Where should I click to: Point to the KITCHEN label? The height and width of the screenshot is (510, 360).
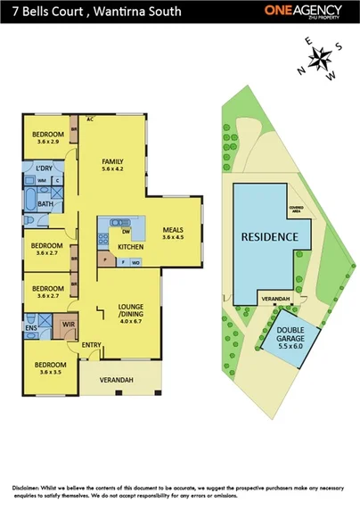130,246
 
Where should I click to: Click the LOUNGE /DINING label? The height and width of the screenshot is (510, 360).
131,310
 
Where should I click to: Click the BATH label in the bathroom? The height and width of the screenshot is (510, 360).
45,204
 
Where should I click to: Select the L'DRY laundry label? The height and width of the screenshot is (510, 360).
45,168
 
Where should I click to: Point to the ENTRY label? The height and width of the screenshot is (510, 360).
91,344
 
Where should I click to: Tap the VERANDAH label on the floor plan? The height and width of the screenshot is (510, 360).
116,380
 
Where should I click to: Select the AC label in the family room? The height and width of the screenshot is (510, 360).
90,119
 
